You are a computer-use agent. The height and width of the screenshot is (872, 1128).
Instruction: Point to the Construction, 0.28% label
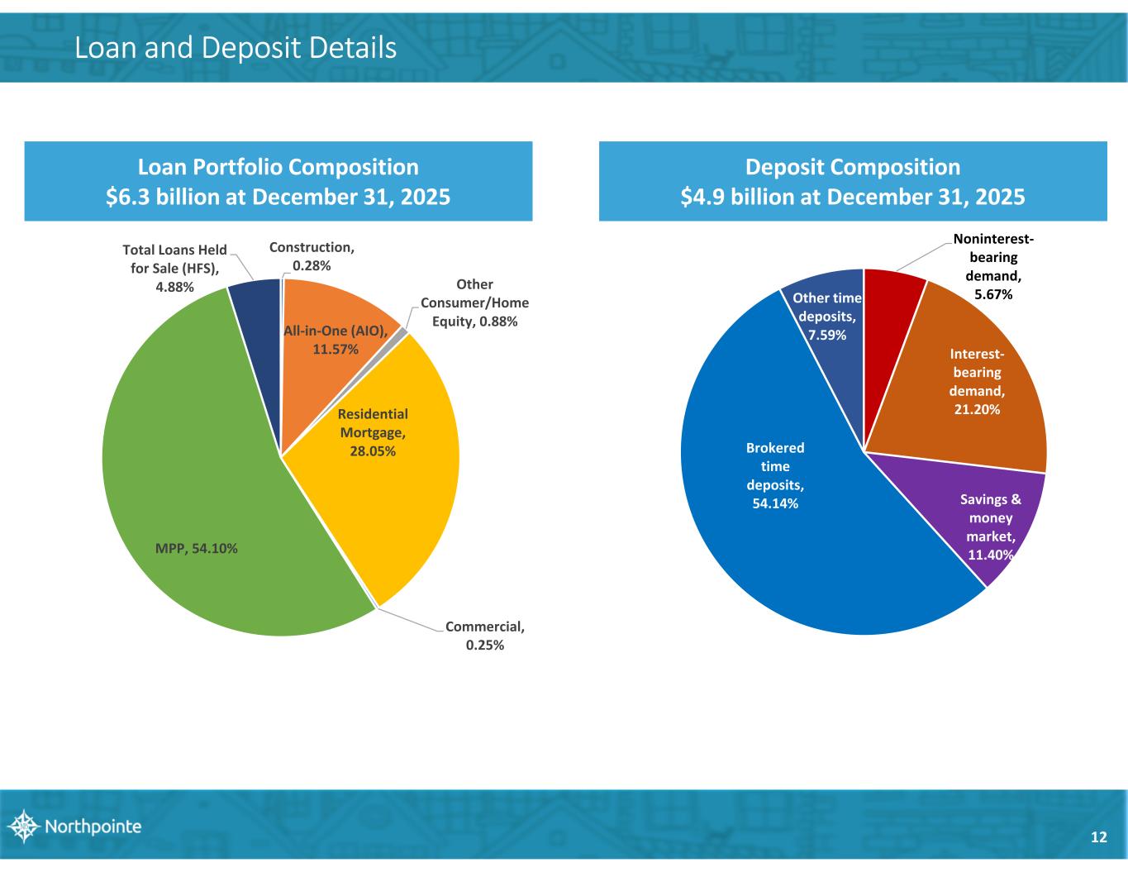pyautogui.click(x=312, y=255)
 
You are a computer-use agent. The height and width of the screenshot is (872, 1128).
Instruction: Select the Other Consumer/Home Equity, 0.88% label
pyautogui.click(x=474, y=303)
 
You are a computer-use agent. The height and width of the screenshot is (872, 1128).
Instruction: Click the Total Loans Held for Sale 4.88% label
pyautogui.click(x=174, y=268)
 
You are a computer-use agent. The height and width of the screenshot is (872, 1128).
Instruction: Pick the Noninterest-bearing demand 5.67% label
pyautogui.click(x=992, y=266)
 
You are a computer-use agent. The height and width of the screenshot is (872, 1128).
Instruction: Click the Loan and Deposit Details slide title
pyautogui.click(x=236, y=48)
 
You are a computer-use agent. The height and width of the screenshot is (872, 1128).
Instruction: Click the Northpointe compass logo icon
pyautogui.click(x=22, y=826)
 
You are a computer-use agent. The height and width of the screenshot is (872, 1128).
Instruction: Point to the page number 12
pyautogui.click(x=1098, y=837)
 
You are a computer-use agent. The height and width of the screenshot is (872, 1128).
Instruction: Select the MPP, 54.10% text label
pyautogui.click(x=197, y=548)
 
